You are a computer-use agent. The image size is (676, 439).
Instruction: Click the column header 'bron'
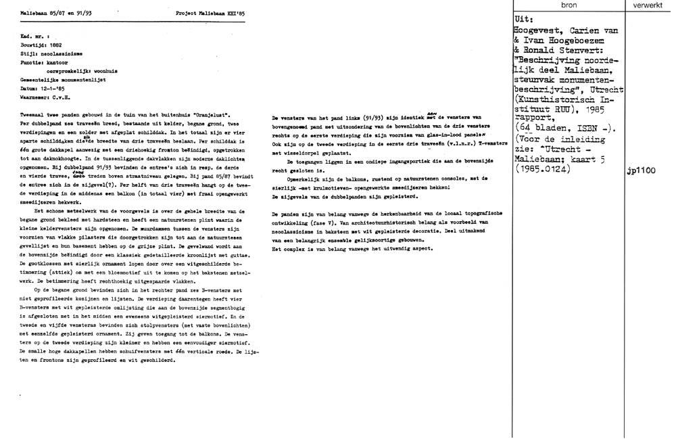(x=569, y=5)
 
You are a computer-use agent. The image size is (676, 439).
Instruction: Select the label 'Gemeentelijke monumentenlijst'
(x=60, y=78)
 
